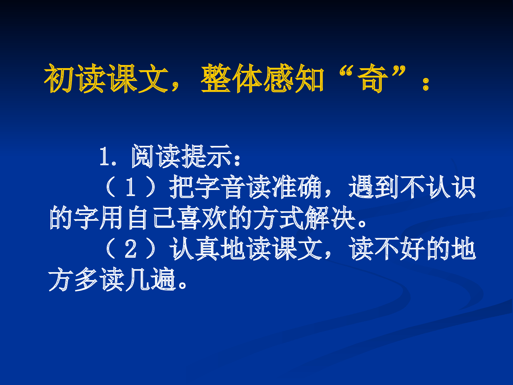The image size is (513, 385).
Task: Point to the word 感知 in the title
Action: (x=294, y=79)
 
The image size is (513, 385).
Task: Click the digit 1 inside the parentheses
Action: (x=130, y=188)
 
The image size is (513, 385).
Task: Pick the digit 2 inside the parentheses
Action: (x=130, y=249)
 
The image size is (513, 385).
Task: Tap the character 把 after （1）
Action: (x=182, y=188)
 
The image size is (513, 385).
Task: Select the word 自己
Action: (x=152, y=218)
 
